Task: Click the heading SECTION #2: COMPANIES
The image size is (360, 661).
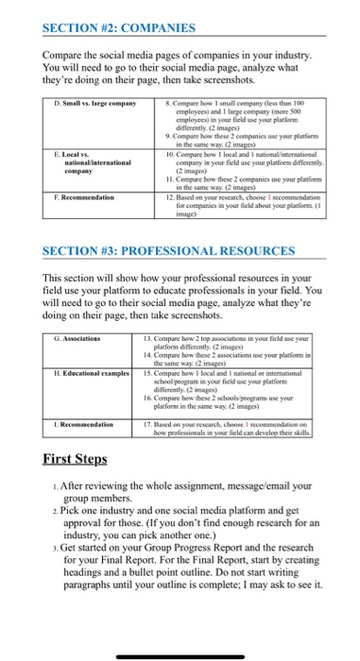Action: point(105,27)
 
